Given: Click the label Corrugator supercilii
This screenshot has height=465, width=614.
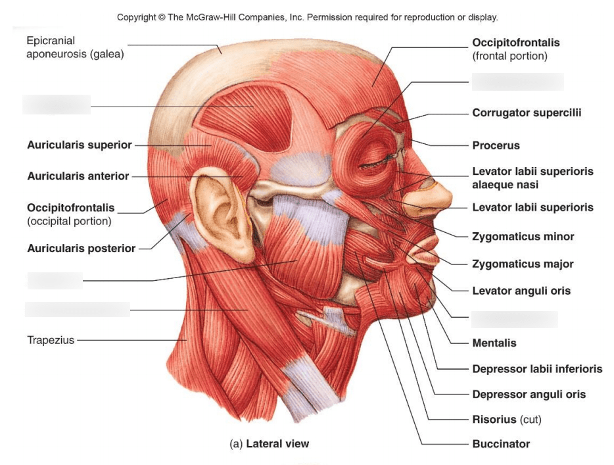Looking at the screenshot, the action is coord(527,113).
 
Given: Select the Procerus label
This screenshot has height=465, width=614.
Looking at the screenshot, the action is coord(496,145).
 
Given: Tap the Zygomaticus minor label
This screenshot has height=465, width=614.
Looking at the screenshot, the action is coord(523,237).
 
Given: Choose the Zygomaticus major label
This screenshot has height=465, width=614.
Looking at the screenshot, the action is coord(523,264).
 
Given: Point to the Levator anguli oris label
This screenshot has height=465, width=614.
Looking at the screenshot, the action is coord(521,291).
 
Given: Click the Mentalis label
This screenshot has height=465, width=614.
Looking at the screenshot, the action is coord(494,343).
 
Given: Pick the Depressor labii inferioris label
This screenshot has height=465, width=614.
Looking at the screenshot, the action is coord(537,369).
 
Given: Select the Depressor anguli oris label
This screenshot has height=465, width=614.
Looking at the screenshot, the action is coord(529,395).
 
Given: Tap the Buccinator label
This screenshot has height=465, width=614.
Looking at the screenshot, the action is coord(501,444).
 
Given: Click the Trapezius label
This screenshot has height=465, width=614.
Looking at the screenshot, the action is coord(51,340).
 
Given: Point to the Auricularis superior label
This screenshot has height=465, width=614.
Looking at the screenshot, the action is coord(80,145).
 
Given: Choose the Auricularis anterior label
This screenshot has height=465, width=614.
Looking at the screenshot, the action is coord(78,176).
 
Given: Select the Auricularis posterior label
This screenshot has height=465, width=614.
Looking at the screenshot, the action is coord(81,249).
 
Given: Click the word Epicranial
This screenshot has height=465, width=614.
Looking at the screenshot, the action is coord(51,41).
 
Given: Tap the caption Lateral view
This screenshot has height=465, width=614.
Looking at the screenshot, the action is coord(277,443).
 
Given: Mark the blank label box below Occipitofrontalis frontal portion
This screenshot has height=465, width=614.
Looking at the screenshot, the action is coord(517,82).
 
